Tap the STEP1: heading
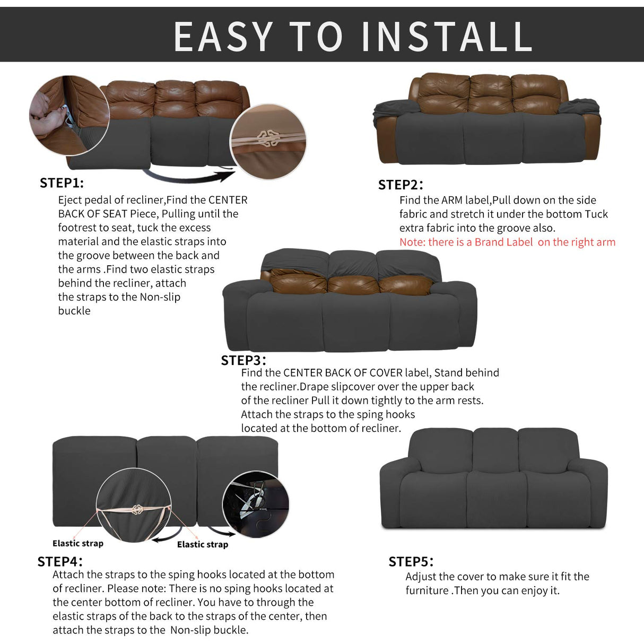pyautogui.click(x=62, y=183)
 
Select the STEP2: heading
pyautogui.click(x=401, y=185)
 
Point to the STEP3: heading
pyautogui.click(x=243, y=360)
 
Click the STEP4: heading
pyautogui.click(x=59, y=561)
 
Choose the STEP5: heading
pyautogui.click(x=411, y=562)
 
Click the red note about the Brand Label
pyautogui.click(x=507, y=242)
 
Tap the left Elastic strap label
pyautogui.click(x=78, y=543)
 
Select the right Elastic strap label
pyautogui.click(x=202, y=544)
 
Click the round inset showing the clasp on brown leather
pyautogui.click(x=268, y=141)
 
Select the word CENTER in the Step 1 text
pyautogui.click(x=228, y=200)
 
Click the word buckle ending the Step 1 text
pyautogui.click(x=74, y=311)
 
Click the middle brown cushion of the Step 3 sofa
pyautogui.click(x=353, y=284)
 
